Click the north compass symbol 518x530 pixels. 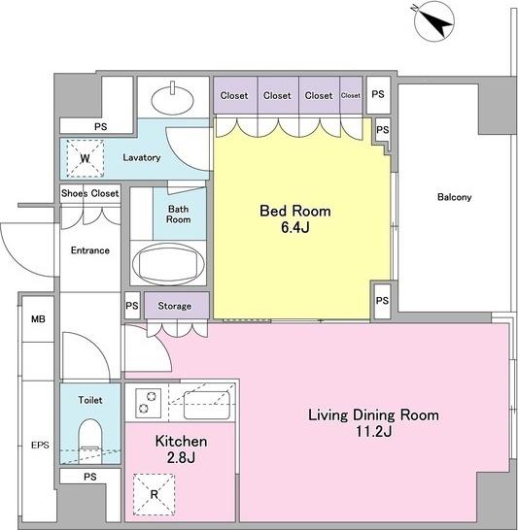point(434,22)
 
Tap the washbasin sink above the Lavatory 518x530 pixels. point(173,100)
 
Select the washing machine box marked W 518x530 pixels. point(85,158)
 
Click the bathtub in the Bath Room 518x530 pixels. point(168,264)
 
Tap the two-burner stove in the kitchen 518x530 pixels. point(148,403)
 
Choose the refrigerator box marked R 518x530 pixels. point(154,494)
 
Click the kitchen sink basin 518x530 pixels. point(207,406)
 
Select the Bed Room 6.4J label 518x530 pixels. point(295,219)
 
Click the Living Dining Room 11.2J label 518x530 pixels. point(373,423)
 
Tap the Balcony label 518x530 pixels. point(454,197)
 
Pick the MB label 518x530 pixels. point(38,319)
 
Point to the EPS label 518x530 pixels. point(40,446)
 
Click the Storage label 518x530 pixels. point(175,306)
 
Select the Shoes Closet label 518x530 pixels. point(90,193)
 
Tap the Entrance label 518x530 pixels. point(90,250)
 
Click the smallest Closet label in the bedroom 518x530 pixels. point(351,96)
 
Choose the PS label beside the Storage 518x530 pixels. point(132,306)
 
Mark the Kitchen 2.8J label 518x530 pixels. point(181,449)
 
